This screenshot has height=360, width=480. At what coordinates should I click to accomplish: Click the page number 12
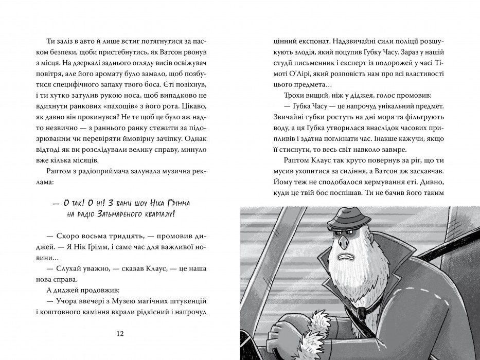coord(121,333)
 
